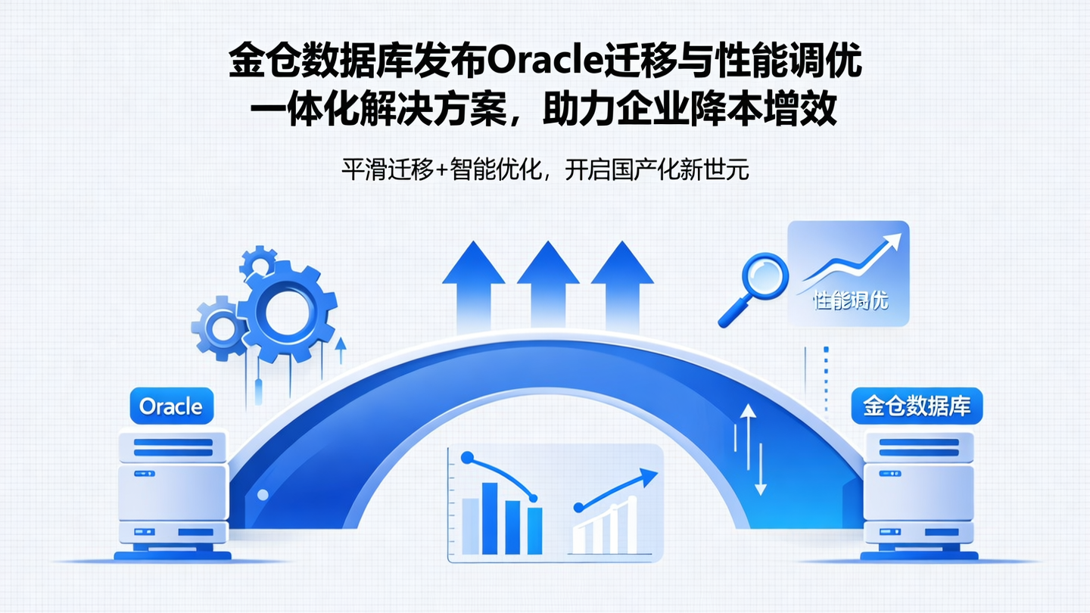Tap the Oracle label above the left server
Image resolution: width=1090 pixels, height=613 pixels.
click(172, 406)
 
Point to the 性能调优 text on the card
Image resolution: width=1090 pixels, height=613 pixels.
click(850, 300)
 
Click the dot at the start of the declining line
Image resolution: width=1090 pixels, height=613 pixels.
click(467, 458)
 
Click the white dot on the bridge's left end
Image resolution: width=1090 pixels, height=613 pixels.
click(263, 495)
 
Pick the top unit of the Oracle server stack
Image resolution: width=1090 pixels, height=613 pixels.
click(172, 447)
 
